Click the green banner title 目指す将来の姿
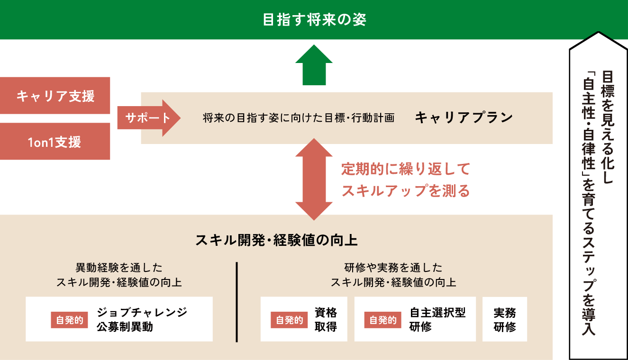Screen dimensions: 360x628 click(314, 20)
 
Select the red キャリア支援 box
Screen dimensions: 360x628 click(55, 96)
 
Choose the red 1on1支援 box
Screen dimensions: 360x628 click(55, 142)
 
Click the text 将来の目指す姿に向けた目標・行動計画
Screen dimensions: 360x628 click(298, 118)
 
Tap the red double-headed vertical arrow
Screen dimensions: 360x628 click(314, 179)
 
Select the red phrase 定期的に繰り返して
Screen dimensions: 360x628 click(405, 169)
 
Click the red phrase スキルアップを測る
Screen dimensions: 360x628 click(405, 190)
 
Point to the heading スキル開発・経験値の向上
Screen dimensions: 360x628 click(276, 240)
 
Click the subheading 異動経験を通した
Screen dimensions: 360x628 click(119, 268)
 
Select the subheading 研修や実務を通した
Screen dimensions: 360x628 click(393, 268)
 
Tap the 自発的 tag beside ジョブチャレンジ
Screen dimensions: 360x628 click(70, 320)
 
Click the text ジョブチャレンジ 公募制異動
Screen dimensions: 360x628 click(142, 319)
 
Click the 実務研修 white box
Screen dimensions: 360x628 click(505, 320)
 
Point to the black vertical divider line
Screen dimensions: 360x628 click(237, 301)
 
